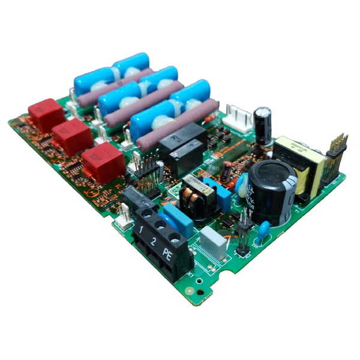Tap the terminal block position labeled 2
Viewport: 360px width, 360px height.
[x=155, y=241]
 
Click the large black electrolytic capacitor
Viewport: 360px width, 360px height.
[x=272, y=191]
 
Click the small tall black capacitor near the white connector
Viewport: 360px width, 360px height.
[x=262, y=125]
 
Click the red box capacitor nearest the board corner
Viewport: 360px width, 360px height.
[x=46, y=115]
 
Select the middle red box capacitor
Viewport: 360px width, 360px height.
[x=72, y=137]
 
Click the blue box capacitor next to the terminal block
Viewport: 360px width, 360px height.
[x=179, y=220]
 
